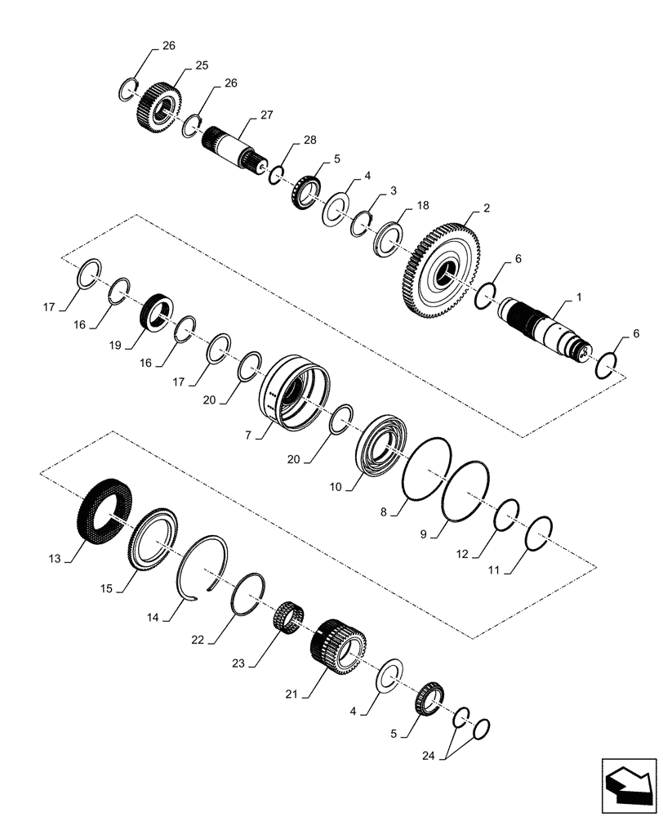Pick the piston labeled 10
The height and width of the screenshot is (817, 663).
pyautogui.click(x=382, y=449)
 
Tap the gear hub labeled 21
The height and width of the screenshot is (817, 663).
pyautogui.click(x=339, y=645)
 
